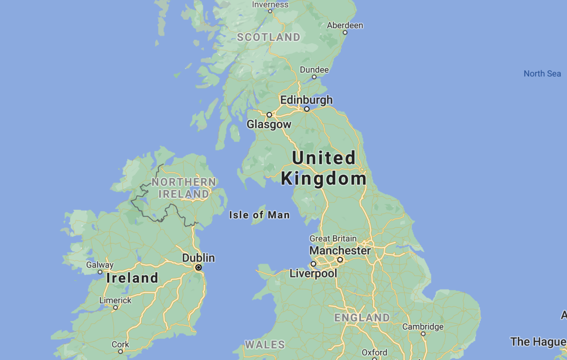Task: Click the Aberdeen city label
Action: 345,25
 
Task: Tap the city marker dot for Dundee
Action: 314,77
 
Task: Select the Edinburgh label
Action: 306,100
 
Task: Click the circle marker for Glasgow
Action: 270,115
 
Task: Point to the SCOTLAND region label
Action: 269,37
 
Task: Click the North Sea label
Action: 542,74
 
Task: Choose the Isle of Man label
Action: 259,215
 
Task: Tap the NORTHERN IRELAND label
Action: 184,188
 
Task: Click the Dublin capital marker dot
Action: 198,267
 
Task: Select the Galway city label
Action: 100,265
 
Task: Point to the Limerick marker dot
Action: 116,308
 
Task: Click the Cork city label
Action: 120,344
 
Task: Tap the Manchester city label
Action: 340,251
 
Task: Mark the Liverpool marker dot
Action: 313,264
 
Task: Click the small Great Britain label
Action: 333,238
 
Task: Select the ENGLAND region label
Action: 362,318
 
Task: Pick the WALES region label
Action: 265,345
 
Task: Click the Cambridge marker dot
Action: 423,334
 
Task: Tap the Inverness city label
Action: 270,4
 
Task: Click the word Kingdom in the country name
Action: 323,179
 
